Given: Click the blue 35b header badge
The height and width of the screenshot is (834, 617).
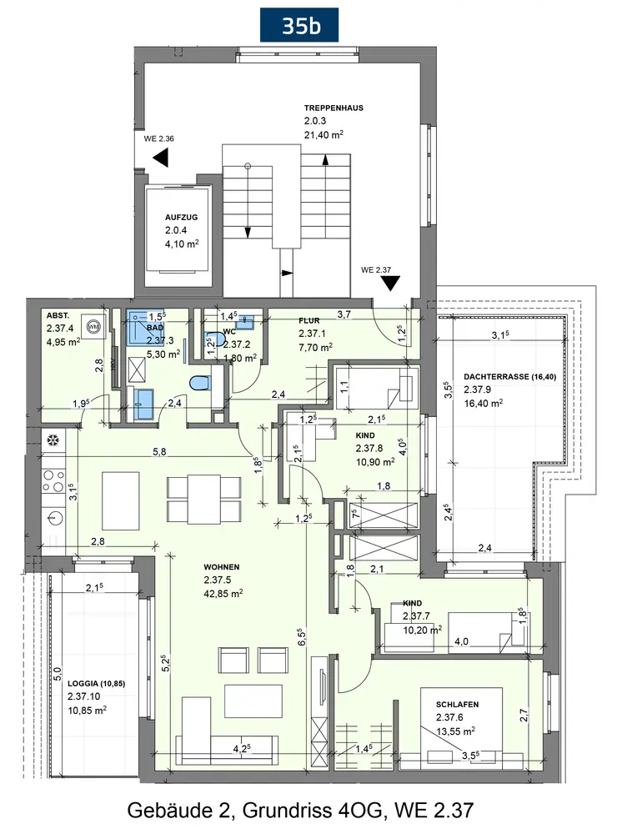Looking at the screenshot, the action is pos(299,25).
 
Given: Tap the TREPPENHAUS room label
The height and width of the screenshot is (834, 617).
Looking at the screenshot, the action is pos(334,108).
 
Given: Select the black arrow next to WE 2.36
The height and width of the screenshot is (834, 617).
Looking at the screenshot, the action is pos(161,158).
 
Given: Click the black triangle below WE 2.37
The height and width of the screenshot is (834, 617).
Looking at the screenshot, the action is pos(391,284).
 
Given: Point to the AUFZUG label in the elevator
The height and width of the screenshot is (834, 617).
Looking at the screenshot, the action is pos(181,218).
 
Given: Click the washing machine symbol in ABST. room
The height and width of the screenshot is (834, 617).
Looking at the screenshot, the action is pos(94,325).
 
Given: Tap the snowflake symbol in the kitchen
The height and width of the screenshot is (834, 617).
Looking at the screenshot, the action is pos(53,440).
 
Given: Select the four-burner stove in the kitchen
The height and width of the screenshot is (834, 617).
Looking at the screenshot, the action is pos(53,481).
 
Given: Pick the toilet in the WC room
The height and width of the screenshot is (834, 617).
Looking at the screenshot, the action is pos(214,340).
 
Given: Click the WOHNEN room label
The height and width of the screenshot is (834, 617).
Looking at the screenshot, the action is pos(221,567).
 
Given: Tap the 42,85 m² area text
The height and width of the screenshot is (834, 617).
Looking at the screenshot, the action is pos(223,594).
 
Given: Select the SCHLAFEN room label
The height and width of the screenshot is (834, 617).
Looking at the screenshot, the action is pos(458,704).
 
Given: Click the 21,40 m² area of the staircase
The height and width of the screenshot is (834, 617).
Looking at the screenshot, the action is pos(324,134).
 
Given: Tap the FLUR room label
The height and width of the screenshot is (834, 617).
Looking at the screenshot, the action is pos(309,321).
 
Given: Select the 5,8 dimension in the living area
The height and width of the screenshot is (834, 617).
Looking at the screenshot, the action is pos(159,452).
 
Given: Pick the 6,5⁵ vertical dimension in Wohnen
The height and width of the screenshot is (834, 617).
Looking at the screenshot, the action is pos(302,637).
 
